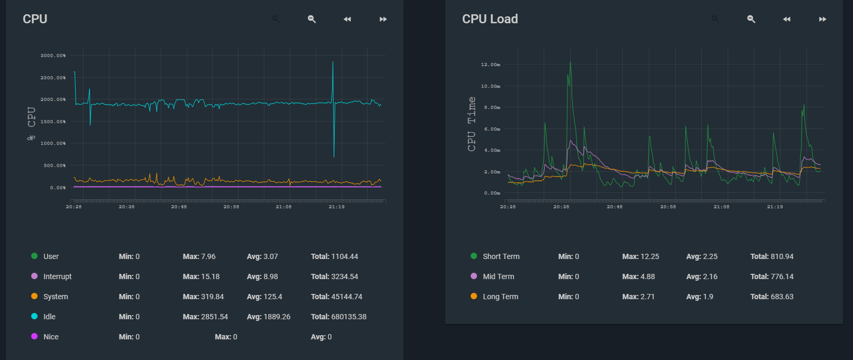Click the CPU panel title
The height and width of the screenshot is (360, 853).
[x=35, y=19]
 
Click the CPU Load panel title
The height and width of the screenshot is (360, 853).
[x=490, y=19]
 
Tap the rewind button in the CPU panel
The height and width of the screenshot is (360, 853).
[x=347, y=19]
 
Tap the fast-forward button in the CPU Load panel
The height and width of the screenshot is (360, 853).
[x=822, y=19]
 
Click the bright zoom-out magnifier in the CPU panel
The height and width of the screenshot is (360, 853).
[x=311, y=19]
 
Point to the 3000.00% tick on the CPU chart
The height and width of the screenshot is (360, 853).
[x=53, y=56]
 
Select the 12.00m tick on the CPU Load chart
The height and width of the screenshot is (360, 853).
[x=490, y=64]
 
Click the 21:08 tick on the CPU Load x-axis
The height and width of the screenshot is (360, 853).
[x=721, y=207]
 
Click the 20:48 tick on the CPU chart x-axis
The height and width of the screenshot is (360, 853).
[x=179, y=207]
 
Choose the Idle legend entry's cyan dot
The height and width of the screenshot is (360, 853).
[x=34, y=316]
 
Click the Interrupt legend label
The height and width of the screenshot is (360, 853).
[x=57, y=276]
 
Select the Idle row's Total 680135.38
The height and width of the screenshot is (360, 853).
[x=338, y=317]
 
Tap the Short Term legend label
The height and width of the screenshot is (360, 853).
[x=501, y=256]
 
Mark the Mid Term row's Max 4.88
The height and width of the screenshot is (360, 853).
[x=638, y=276]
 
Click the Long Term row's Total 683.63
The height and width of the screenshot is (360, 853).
[x=772, y=297]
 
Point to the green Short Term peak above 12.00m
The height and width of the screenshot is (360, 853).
[x=570, y=62]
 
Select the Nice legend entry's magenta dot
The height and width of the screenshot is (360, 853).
[x=34, y=336]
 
